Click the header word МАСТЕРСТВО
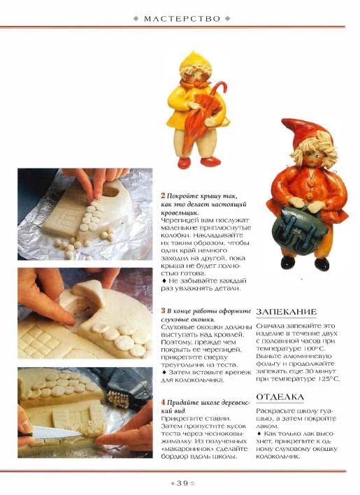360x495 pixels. coord(182,19)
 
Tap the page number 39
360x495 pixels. coord(182,483)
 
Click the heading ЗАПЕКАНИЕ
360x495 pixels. coord(286,312)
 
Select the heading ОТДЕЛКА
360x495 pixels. coord(280,397)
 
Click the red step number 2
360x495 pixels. coord(163,195)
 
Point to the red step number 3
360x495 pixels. coord(163,310)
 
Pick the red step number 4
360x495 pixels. coord(163,402)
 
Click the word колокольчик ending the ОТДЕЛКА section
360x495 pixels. coord(278,457)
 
